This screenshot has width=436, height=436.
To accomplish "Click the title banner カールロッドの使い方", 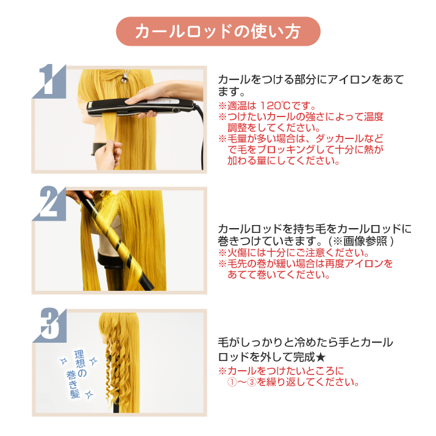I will [218, 32].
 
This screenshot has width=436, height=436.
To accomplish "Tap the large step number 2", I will [49, 202].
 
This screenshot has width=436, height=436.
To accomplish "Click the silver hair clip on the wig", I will [124, 76].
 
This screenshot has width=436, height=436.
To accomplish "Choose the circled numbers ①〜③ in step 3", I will [241, 382].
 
